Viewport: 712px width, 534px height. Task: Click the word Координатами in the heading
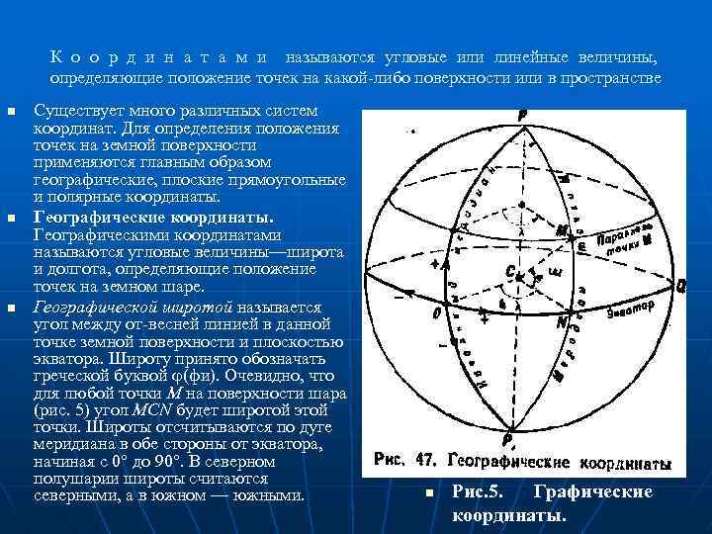click(x=162, y=57)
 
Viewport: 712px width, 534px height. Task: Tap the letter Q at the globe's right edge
click(x=681, y=284)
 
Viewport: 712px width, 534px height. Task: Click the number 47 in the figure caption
click(x=424, y=461)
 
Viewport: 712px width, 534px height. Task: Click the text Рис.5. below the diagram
click(x=479, y=491)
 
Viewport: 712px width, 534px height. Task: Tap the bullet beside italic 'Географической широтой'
click(x=13, y=309)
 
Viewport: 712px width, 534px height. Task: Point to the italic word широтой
click(x=197, y=308)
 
